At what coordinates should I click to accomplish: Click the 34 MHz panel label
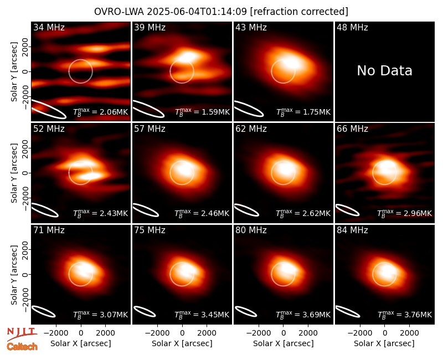pos(49,27)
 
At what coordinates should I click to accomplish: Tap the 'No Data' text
pos(384,70)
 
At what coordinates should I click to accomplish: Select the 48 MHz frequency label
pos(352,27)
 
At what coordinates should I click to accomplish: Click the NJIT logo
pos(22,333)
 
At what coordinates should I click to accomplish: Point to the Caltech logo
pos(22,347)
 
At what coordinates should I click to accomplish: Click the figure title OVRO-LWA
pos(119,12)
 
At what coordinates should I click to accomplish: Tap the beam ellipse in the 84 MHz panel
pos(348,311)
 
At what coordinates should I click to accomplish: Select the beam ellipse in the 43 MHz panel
pos(249,109)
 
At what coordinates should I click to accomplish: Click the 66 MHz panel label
pos(352,129)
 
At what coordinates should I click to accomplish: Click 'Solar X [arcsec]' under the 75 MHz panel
pos(182,343)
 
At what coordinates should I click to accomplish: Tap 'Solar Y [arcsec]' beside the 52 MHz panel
pos(14,173)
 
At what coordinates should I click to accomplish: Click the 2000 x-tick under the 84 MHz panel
pos(409,333)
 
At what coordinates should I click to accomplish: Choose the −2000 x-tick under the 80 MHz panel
pos(259,333)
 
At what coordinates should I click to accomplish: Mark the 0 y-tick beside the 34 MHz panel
pos(25,71)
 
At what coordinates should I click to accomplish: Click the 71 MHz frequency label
pos(49,230)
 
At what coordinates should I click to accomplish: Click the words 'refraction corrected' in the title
pos(299,12)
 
